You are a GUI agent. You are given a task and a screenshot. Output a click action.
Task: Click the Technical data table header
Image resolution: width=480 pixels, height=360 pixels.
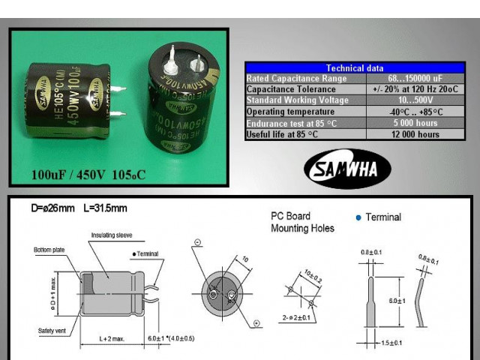coord(355,68)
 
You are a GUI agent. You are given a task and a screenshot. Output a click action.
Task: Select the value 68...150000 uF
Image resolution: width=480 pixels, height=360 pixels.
coord(414,79)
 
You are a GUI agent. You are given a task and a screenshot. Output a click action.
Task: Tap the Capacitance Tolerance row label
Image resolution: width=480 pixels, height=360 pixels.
coord(286,89)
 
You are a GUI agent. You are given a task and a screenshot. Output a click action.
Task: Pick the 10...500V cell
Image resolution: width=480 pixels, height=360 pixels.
coord(414,100)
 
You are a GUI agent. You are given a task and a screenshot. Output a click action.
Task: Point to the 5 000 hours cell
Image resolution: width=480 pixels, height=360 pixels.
coord(414,123)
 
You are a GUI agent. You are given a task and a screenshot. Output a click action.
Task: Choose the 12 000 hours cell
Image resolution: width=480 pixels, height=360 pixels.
coord(414,134)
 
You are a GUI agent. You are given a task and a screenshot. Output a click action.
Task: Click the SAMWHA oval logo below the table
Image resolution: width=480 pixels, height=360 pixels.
coord(347,169)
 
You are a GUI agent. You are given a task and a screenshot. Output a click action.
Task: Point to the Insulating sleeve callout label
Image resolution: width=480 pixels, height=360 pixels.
coord(112,235)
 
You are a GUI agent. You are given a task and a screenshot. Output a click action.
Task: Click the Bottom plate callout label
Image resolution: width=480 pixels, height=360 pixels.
coord(49,250)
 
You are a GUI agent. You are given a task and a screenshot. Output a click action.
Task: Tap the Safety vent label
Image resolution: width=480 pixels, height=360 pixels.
coord(51,330)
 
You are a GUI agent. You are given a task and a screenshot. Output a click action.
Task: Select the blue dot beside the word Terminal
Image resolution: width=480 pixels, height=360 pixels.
coord(358,217)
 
